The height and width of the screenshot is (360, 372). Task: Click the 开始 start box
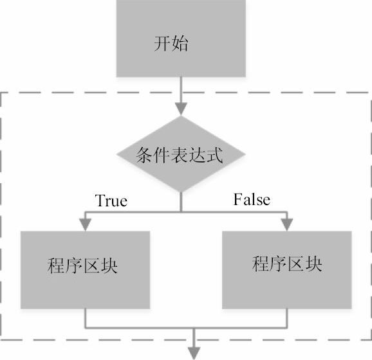181,39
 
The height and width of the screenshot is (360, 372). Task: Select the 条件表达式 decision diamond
181,154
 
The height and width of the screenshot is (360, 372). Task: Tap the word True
111,201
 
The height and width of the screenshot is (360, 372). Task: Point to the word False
252,199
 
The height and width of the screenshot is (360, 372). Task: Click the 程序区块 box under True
85,270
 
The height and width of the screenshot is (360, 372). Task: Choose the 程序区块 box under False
287,270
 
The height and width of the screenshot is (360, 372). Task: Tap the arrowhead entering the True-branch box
85,224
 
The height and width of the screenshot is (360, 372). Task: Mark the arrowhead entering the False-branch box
287,224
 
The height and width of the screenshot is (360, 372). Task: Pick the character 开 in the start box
162,43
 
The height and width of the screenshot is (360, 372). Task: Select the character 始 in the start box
180,43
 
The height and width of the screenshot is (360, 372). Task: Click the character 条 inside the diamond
144,155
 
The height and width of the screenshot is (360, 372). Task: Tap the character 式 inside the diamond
214,155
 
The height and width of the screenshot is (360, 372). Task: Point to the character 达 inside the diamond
197,155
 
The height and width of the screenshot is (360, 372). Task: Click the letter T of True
100,201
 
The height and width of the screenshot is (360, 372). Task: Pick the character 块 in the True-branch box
109,265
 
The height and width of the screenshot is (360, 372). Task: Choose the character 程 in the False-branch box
261,264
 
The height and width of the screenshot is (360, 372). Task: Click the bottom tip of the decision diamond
181,192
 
